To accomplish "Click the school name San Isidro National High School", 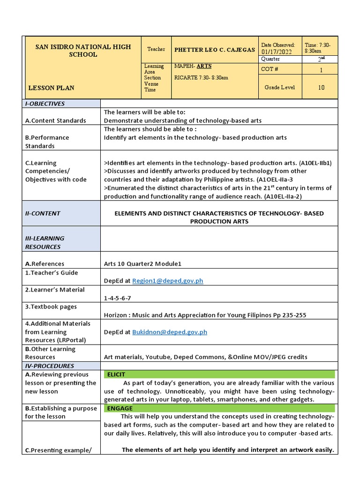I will tap(83, 51).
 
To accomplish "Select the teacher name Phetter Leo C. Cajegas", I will tap(215, 50).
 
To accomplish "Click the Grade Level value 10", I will tap(321, 87).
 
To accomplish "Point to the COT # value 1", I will tap(321, 69).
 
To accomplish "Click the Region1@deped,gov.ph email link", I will tap(168, 281).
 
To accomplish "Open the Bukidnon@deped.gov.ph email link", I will tap(170, 332).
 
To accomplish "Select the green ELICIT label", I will tap(117, 375).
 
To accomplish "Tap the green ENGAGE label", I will tap(120, 408).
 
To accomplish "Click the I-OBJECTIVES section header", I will tap(45, 104).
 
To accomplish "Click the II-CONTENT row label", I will tap(43, 213).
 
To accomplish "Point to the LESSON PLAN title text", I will tap(51, 88).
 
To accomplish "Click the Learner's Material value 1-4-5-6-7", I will tap(117, 298).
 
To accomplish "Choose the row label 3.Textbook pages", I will tap(51, 307).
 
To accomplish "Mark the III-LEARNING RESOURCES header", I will tap(45, 242).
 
